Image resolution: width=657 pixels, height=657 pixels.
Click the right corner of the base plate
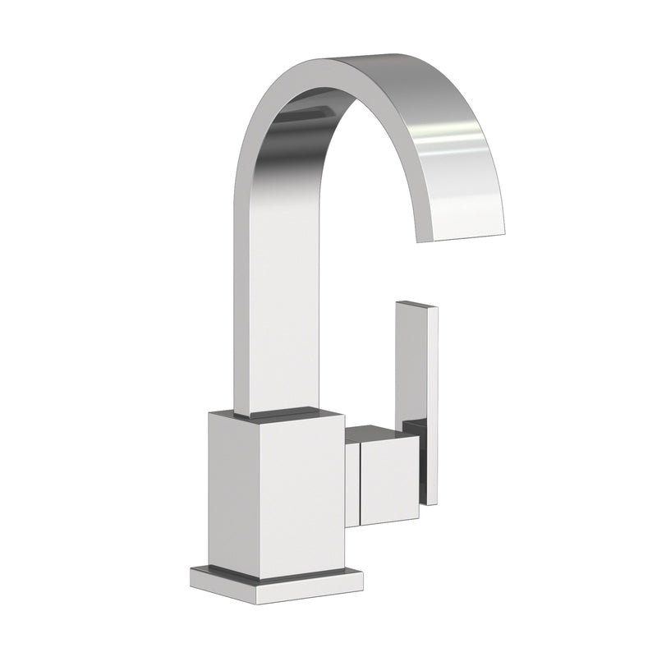click(x=362, y=570)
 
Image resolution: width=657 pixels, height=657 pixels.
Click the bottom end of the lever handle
click(x=431, y=501)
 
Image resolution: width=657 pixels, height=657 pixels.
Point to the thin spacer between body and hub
click(x=351, y=485)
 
